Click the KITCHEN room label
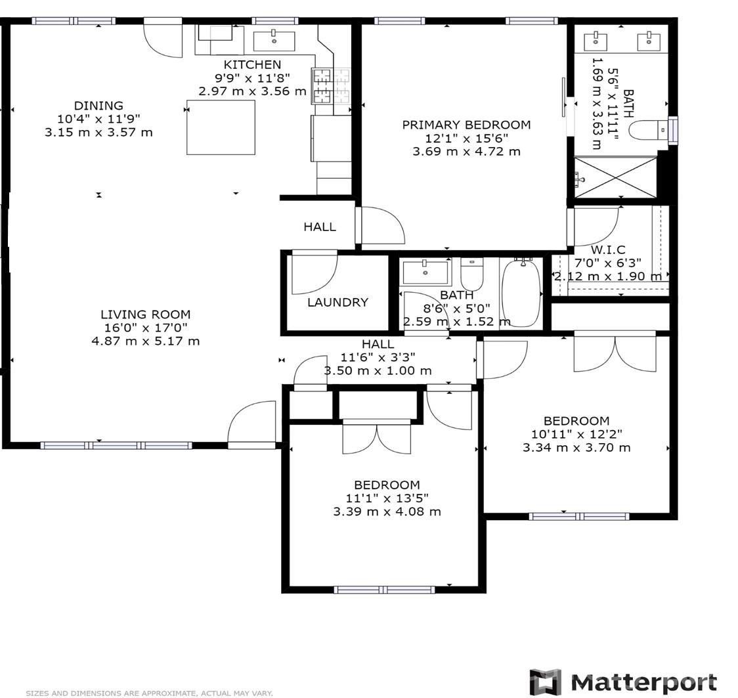click(252, 64)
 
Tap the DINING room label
click(98, 105)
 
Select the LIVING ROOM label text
click(145, 314)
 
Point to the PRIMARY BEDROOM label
click(466, 125)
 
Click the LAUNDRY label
click(337, 302)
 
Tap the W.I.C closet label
click(607, 250)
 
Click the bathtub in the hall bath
click(521, 293)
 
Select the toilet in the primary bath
click(646, 130)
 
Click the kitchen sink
click(274, 41)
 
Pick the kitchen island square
click(221, 127)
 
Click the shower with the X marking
click(615, 177)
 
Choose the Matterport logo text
click(643, 682)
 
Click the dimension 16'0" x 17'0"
click(145, 328)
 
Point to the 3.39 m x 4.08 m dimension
click(387, 512)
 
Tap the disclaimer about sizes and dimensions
click(149, 693)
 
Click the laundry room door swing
click(313, 273)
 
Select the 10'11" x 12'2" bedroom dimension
click(576, 434)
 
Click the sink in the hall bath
click(426, 271)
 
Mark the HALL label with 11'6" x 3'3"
click(378, 344)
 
